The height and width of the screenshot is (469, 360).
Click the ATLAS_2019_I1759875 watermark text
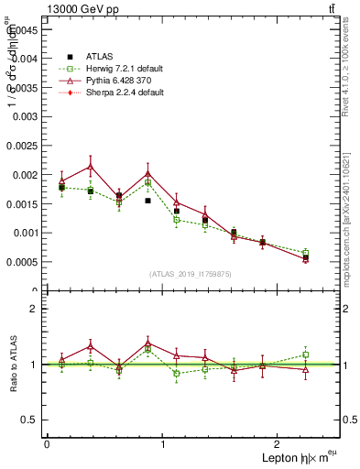coord(191,274)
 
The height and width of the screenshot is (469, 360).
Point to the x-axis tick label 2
coord(280,442)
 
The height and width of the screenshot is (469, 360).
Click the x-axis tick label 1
coord(163,442)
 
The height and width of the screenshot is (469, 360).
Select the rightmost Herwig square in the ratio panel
coord(305,354)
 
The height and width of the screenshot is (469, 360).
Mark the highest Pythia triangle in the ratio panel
coord(147,343)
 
